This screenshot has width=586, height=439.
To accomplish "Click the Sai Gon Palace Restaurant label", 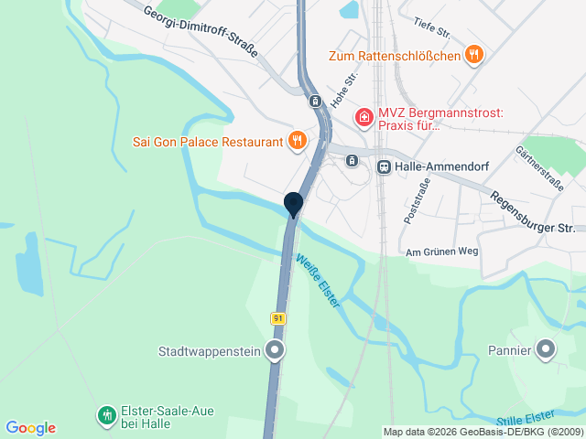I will [x=206, y=142].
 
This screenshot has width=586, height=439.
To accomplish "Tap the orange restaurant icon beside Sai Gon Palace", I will [x=297, y=141].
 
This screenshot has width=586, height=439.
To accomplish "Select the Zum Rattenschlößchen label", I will [x=394, y=56].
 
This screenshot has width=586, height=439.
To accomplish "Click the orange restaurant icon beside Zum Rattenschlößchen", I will [x=473, y=55].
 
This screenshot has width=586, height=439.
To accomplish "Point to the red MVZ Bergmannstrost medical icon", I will [x=364, y=117].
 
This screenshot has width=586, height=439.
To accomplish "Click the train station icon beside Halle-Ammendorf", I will [x=384, y=166].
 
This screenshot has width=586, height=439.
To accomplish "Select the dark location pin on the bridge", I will [x=293, y=204].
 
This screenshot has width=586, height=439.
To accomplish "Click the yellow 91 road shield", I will [x=278, y=317].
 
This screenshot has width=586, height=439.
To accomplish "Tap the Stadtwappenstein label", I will [x=210, y=350].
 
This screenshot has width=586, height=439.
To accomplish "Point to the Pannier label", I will [x=509, y=349].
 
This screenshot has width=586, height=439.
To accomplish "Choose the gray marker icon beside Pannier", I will [x=546, y=348].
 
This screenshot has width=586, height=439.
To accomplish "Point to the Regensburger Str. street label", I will [x=532, y=211].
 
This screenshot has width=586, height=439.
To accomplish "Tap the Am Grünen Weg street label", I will [x=441, y=252].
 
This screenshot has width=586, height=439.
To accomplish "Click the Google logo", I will [x=30, y=428].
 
